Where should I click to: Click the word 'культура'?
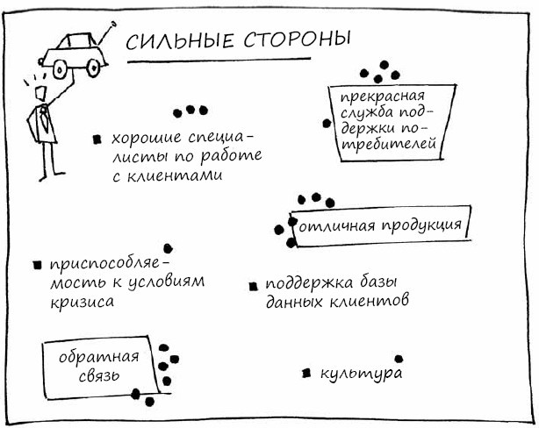(x=361, y=373)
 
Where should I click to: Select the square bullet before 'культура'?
(x=305, y=373)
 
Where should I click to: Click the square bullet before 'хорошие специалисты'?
(x=97, y=139)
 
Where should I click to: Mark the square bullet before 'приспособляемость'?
(x=36, y=264)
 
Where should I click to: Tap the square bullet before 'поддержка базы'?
(x=252, y=285)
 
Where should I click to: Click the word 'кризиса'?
(x=82, y=301)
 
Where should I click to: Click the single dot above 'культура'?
(x=399, y=359)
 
